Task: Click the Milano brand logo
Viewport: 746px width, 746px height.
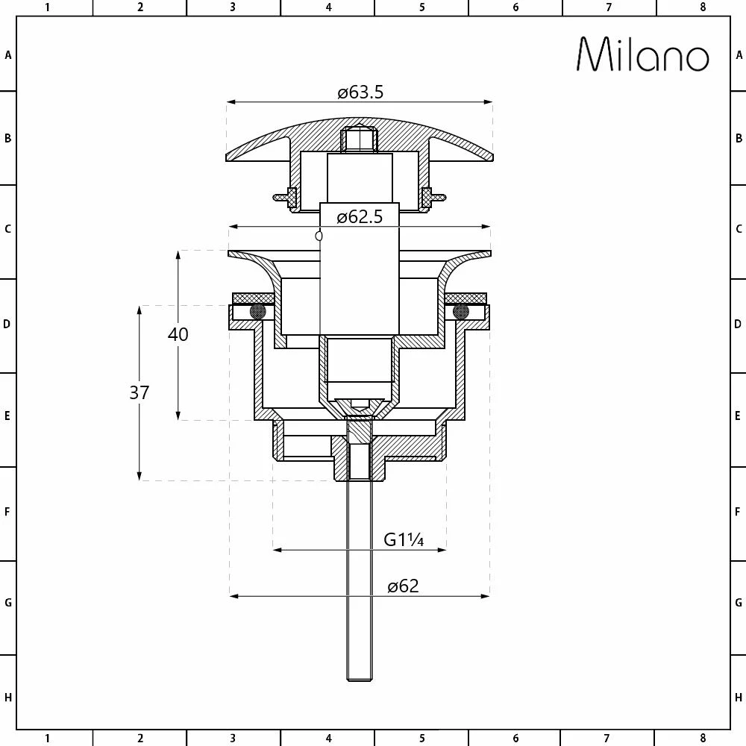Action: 642,54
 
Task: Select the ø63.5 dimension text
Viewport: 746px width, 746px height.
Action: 360,93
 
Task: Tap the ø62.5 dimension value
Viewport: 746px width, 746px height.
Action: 360,217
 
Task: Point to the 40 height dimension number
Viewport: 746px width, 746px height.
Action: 178,334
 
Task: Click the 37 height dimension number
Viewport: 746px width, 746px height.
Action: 140,392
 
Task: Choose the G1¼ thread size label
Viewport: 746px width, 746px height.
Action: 404,539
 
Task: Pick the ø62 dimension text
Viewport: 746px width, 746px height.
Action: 403,586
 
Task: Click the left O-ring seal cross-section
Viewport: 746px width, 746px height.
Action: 258,311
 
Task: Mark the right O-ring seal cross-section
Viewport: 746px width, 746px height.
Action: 461,311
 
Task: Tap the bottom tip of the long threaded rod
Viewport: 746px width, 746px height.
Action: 360,679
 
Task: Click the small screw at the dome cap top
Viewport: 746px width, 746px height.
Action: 360,139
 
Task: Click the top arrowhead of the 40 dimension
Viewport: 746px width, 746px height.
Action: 178,254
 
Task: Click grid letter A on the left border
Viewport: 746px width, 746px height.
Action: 8,54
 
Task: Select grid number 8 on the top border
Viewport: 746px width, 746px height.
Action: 703,7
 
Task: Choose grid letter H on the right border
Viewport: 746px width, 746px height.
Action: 739,698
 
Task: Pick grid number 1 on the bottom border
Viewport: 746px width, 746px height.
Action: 47,739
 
